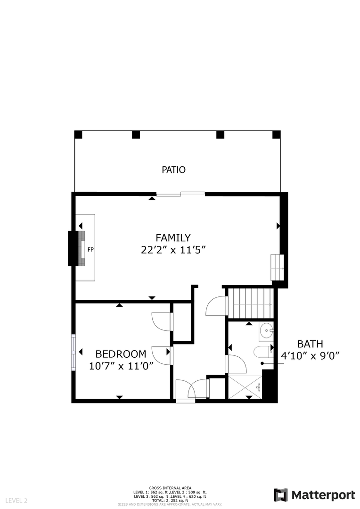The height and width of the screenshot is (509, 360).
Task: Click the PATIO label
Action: [x=173, y=170]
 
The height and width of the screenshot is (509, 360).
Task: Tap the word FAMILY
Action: [x=173, y=238]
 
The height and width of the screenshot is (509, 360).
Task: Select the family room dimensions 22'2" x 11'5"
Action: [x=173, y=250]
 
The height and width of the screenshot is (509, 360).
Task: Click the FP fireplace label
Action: [x=90, y=249]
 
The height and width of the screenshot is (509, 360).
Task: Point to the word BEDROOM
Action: [x=121, y=354]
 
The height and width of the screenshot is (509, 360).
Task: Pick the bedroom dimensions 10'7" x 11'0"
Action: [x=122, y=366]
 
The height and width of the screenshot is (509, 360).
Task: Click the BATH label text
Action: [x=310, y=344]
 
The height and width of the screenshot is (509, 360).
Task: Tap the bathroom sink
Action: [x=267, y=331]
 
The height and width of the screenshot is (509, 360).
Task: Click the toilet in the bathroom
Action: [x=262, y=352]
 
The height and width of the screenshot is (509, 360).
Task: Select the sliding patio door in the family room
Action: [x=180, y=193]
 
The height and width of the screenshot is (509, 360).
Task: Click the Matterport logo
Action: [x=314, y=495]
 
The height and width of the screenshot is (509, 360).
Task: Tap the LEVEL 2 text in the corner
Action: [x=16, y=501]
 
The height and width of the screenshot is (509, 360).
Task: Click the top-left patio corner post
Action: [x=79, y=134]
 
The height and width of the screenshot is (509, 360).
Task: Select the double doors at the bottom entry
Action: [x=190, y=389]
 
